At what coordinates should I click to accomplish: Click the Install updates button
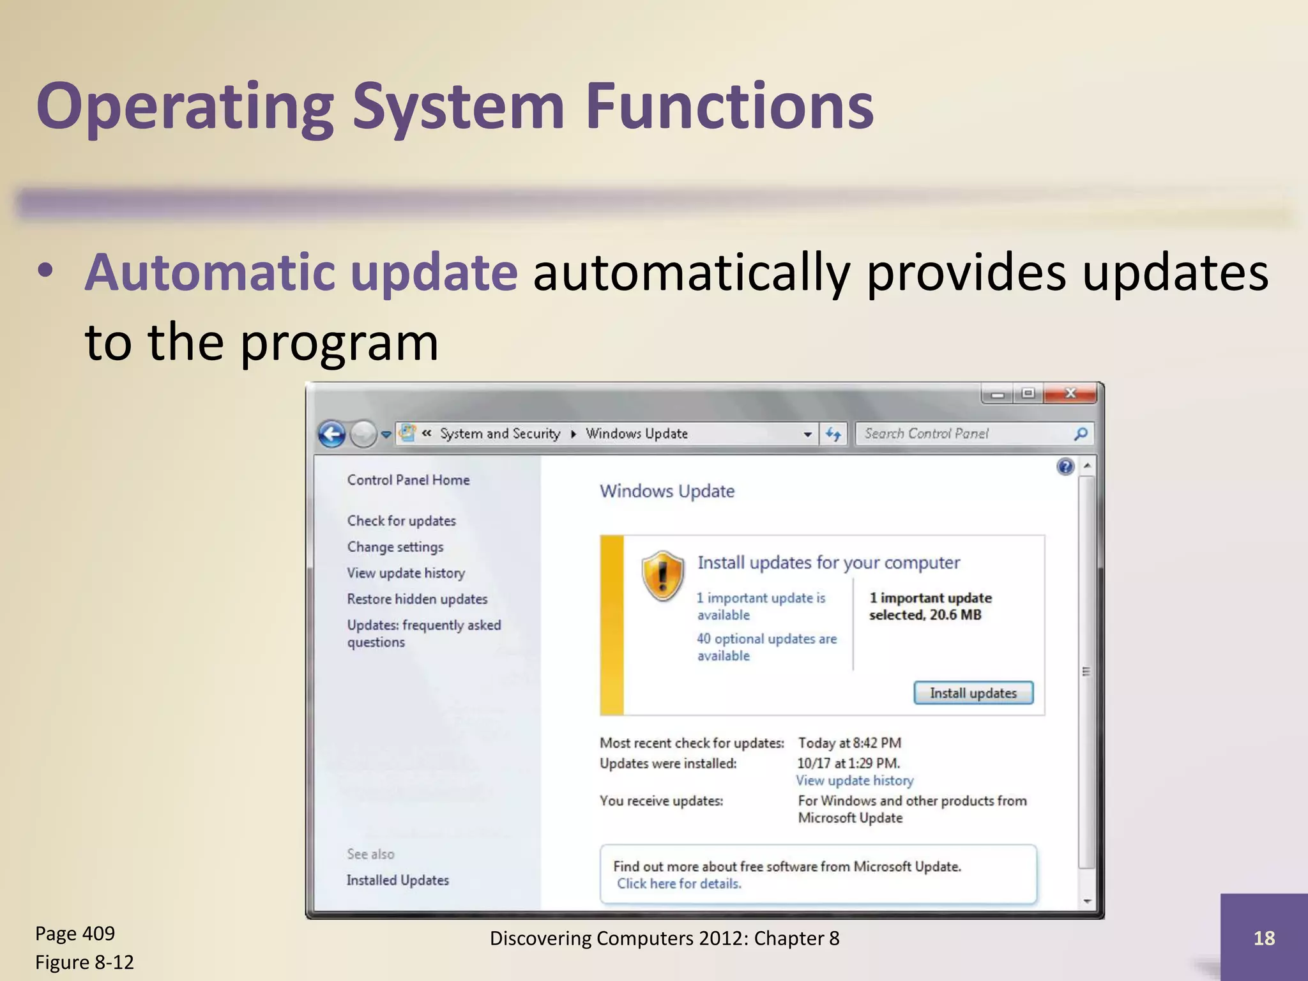tap(973, 693)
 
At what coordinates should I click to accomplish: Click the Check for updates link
tap(401, 521)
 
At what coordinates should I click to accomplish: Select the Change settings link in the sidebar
tap(395, 547)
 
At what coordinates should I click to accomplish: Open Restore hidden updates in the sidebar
tap(417, 599)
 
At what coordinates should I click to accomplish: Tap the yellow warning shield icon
tap(663, 575)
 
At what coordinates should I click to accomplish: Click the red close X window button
tap(1070, 393)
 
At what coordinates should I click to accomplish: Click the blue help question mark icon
tap(1065, 467)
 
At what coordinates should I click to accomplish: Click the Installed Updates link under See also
tap(397, 880)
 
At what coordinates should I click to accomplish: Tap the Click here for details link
tap(678, 883)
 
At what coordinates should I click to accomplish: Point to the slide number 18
tap(1264, 938)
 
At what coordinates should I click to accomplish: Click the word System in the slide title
tap(457, 107)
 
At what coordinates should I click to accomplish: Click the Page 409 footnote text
tap(75, 934)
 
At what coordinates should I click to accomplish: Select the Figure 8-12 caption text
tap(84, 962)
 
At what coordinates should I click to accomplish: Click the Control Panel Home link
tap(408, 480)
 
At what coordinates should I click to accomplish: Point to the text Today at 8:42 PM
tap(849, 743)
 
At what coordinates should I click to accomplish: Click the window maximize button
tap(1028, 393)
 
